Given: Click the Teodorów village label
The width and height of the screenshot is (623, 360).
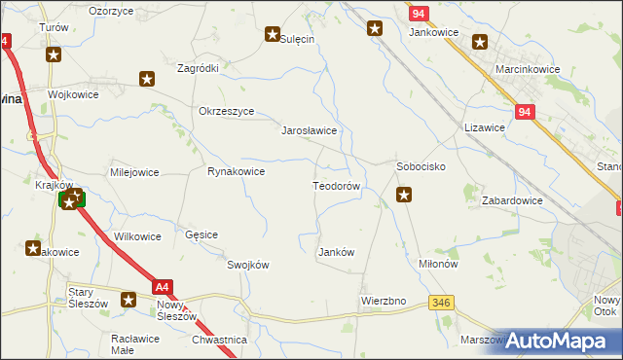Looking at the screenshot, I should (337, 186).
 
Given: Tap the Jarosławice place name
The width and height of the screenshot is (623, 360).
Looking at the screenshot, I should (309, 130).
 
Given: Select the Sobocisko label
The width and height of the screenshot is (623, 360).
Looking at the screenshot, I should (421, 166).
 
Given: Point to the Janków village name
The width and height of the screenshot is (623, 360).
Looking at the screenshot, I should (336, 252).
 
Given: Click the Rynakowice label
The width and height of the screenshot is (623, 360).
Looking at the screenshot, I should (236, 172).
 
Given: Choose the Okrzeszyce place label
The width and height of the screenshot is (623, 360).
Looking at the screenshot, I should (226, 111).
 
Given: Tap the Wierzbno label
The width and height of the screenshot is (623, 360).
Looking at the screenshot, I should (383, 301).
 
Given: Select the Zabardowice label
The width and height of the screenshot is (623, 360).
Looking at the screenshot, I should (512, 200).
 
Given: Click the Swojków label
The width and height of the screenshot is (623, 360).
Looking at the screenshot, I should (247, 265).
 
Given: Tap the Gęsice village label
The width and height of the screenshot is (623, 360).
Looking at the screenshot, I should (202, 235).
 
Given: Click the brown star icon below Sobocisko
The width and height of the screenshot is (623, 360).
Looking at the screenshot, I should (404, 196).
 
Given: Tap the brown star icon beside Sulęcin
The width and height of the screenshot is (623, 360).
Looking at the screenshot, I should (272, 35).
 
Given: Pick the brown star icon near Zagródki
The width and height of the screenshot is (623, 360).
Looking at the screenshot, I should (147, 78).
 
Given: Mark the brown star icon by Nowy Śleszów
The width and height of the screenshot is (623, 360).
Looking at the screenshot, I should (128, 300).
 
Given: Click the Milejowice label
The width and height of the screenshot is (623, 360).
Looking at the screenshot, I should (134, 172).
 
